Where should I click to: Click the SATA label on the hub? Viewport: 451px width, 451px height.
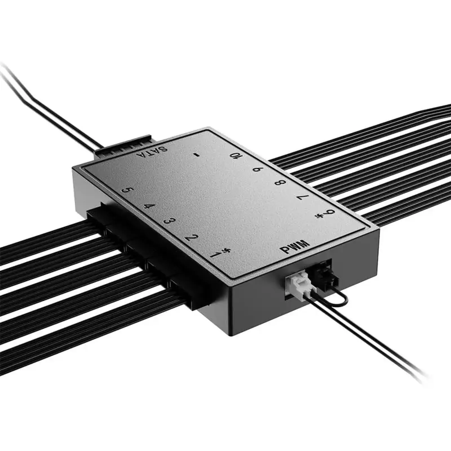(152, 152)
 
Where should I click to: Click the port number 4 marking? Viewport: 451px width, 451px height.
(147, 206)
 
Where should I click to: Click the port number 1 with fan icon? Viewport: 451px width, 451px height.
(222, 252)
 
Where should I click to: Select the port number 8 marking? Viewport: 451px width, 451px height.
(281, 183)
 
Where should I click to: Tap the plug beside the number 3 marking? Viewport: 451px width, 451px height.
(138, 255)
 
